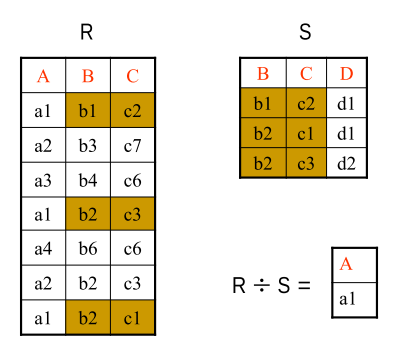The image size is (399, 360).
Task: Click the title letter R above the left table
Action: coord(87,33)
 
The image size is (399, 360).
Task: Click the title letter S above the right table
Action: coord(305,33)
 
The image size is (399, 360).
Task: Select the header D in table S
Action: coord(347,73)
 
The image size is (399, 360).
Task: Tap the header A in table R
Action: coord(43,76)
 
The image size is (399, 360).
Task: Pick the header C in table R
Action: coord(132,76)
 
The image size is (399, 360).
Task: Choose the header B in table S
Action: coord(263,73)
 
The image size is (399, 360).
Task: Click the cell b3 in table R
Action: coord(88,146)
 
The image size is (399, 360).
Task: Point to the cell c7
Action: coord(132,146)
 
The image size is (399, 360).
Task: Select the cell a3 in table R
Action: coord(43,181)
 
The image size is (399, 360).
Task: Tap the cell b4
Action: coord(88,181)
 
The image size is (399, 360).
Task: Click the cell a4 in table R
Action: coord(43,250)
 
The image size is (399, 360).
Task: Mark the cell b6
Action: coord(88,250)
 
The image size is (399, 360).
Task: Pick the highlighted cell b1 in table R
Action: coord(88,111)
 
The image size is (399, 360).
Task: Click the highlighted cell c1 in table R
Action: coord(132,319)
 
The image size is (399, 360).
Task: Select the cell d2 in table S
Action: coord(347,163)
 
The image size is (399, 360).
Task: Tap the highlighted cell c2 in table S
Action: coord(306,103)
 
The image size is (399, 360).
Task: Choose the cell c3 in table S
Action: coord(306,163)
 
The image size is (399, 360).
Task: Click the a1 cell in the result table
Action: coord(347,300)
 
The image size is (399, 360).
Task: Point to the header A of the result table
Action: coord(347,264)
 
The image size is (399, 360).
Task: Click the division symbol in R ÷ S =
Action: coord(262,286)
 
